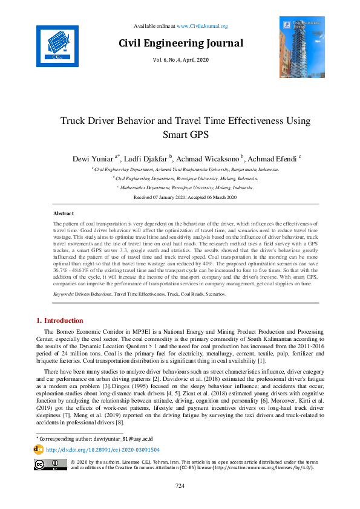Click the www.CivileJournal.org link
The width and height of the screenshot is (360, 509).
coord(206,26)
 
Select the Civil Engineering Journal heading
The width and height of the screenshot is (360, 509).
coord(181,43)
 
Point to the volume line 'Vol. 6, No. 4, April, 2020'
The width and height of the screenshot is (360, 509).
coord(180,60)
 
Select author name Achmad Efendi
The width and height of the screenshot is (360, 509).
coord(271,158)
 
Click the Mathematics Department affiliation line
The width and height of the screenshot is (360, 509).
coord(180,188)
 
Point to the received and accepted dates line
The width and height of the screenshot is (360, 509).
coord(180,198)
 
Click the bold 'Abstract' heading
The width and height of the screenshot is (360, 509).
coord(64,213)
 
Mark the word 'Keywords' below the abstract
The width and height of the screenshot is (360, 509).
coord(63,294)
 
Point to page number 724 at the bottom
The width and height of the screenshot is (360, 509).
coord(180,486)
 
